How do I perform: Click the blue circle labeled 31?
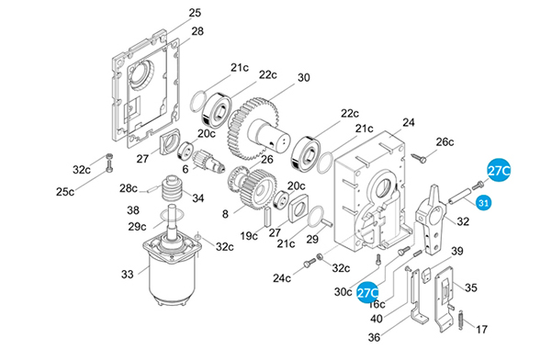[484, 203]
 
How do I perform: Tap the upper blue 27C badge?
[499, 171]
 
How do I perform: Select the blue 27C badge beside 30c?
[367, 292]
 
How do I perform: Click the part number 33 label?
[128, 275]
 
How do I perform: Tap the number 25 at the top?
[195, 13]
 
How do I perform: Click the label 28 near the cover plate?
[197, 31]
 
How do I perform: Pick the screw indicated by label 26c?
[419, 158]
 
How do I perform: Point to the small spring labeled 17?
[461, 321]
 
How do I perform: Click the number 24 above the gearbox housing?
[409, 123]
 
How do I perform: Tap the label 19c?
[249, 236]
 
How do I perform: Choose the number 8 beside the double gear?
[225, 214]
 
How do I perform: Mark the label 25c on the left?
[65, 192]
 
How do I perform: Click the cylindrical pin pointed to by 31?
[459, 196]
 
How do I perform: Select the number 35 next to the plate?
[471, 287]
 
